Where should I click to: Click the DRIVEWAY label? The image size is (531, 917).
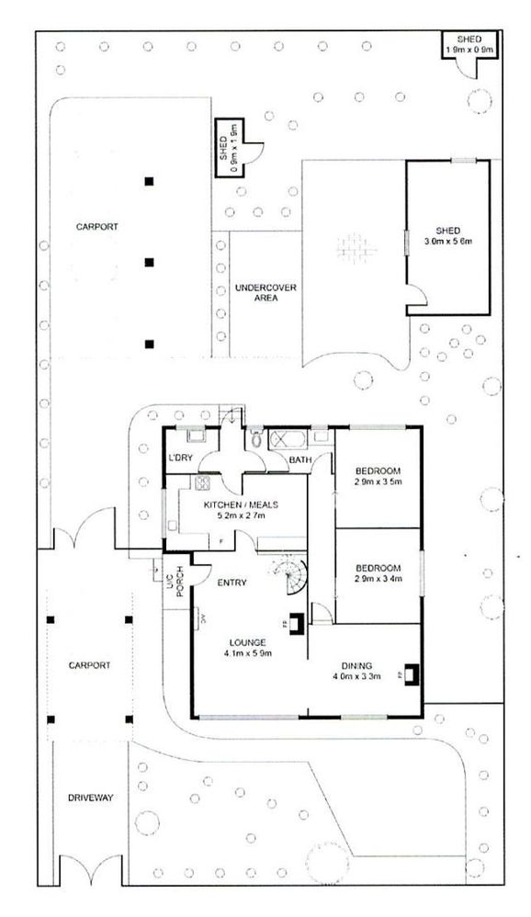(89, 798)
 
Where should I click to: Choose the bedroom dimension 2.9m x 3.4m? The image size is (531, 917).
(379, 581)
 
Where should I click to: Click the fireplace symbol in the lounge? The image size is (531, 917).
(297, 620)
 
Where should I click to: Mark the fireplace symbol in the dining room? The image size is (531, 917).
(409, 673)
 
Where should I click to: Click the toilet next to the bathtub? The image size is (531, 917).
(253, 439)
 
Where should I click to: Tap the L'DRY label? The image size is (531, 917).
(179, 458)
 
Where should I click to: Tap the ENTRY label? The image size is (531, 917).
(230, 582)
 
